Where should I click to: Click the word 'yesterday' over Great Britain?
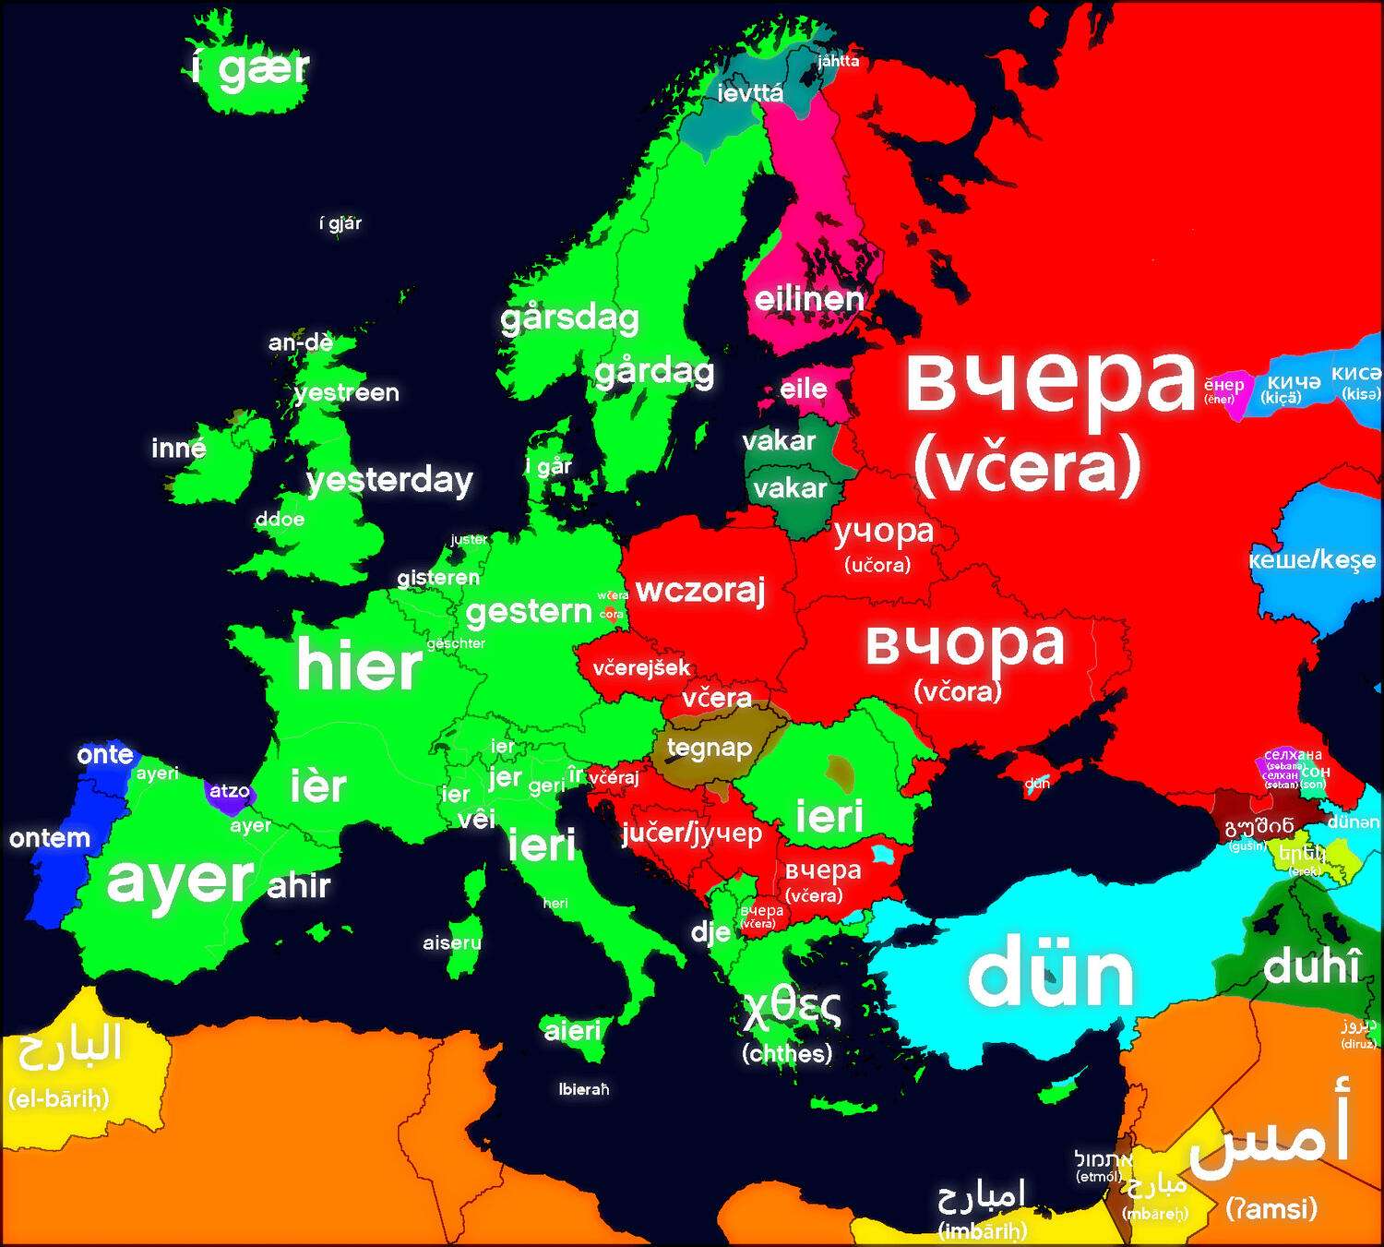[x=389, y=480]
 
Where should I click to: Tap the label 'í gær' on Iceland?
[x=251, y=68]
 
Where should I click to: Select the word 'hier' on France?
[x=359, y=665]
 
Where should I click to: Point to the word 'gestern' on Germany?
[x=529, y=611]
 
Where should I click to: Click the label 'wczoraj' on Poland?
[x=700, y=590]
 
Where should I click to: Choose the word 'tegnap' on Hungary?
[x=709, y=748]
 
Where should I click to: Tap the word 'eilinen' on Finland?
[x=809, y=299]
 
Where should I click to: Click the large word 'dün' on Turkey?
[x=1051, y=975]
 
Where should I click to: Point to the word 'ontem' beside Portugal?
[x=50, y=838]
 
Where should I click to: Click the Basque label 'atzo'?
[x=229, y=791]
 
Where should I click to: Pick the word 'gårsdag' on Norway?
[x=569, y=318]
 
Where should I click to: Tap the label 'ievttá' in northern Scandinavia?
[x=750, y=92]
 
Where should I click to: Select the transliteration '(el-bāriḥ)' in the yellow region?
[x=58, y=1098]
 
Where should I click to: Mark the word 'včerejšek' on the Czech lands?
[x=641, y=667]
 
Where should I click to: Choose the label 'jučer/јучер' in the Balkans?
[x=692, y=833]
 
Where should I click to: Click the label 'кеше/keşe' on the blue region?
[x=1311, y=560]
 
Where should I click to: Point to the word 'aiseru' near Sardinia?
[x=452, y=942]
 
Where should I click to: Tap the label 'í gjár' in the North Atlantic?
[x=340, y=222]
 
